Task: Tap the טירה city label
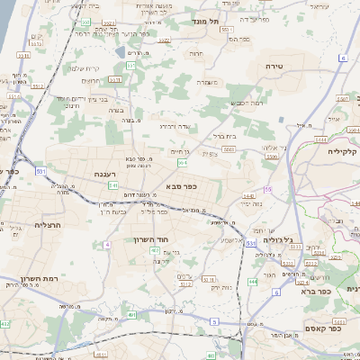pos(275,67)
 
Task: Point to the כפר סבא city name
pos(182,187)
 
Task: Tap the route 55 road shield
pos(267,189)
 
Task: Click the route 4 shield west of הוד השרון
pos(106,244)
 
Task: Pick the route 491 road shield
pos(131,315)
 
